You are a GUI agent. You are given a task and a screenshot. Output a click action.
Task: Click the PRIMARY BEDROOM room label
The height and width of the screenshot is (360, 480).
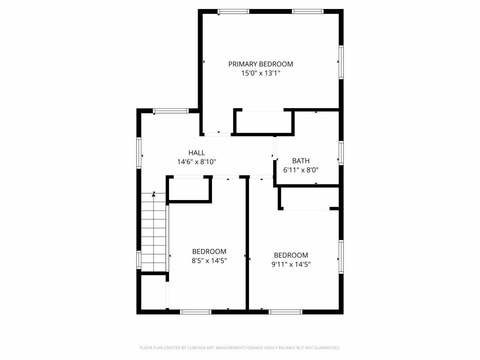pyautogui.click(x=260, y=64)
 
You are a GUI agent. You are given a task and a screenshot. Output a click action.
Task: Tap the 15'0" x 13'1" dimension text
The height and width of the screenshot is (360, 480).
pyautogui.click(x=260, y=73)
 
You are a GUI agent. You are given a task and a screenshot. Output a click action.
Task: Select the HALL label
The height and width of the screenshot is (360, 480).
pyautogui.click(x=196, y=153)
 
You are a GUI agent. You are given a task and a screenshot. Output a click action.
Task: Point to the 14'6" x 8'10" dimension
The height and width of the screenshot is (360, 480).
pyautogui.click(x=196, y=161)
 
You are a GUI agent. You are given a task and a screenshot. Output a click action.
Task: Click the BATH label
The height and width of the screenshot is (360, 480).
pyautogui.click(x=300, y=160)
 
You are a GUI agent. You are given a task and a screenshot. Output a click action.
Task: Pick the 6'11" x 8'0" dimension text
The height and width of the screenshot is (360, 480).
pyautogui.click(x=300, y=170)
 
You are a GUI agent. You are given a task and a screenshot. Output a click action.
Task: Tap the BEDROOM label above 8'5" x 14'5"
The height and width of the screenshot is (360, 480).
pyautogui.click(x=209, y=251)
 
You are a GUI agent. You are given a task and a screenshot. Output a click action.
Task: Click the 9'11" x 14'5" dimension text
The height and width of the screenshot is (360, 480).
pyautogui.click(x=291, y=264)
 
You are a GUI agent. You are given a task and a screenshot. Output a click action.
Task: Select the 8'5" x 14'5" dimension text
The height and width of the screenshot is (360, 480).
pyautogui.click(x=209, y=261)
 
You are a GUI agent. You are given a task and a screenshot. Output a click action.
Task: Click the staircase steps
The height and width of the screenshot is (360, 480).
pyautogui.click(x=153, y=232)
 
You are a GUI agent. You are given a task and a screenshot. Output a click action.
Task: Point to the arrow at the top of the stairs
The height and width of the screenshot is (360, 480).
pyautogui.click(x=153, y=194)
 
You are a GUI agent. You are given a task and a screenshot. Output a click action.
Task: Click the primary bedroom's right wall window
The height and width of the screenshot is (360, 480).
pyautogui.click(x=341, y=62)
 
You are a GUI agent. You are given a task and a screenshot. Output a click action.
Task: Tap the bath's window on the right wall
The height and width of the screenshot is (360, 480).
pyautogui.click(x=341, y=153)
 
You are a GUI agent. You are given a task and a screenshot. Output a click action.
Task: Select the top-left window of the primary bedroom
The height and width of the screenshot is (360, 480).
pyautogui.click(x=233, y=11)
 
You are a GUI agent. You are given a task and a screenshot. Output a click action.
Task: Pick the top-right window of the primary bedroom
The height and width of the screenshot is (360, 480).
pyautogui.click(x=307, y=11)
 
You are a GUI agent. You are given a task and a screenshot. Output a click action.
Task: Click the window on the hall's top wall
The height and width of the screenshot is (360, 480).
pyautogui.click(x=170, y=111)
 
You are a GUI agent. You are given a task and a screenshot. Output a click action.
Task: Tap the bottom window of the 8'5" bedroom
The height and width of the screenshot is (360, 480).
pyautogui.click(x=195, y=312)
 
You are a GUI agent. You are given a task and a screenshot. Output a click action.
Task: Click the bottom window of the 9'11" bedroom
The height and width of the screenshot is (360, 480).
pyautogui.click(x=285, y=312)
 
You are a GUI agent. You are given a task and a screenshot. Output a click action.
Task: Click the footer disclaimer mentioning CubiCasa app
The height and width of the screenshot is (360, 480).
pyautogui.click(x=239, y=348)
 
